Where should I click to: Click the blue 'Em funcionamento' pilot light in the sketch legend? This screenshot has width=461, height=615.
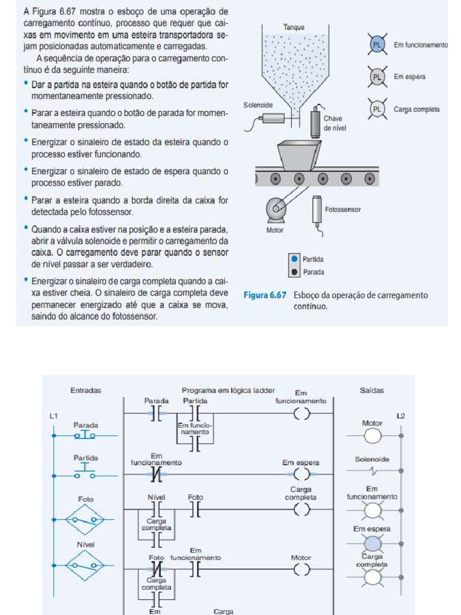click(x=377, y=45)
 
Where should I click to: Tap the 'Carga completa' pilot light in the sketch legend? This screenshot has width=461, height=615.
click(x=377, y=109)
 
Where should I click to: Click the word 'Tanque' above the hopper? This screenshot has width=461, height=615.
click(x=294, y=27)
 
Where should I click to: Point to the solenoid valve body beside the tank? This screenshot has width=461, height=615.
click(x=273, y=118)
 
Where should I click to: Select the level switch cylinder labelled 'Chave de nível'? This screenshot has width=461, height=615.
click(x=315, y=123)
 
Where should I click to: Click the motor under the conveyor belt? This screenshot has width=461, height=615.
click(x=277, y=210)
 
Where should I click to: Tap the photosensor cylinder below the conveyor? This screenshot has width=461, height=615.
click(x=316, y=210)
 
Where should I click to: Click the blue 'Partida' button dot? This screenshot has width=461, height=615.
click(x=294, y=259)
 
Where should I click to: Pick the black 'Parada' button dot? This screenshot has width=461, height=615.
click(x=294, y=271)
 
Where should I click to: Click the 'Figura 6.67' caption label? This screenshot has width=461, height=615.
click(x=266, y=295)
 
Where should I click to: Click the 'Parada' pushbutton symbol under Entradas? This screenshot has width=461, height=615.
click(x=85, y=435)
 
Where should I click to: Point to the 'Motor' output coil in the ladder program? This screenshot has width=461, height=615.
click(x=301, y=570)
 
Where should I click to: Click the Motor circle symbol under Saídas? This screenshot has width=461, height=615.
click(x=373, y=435)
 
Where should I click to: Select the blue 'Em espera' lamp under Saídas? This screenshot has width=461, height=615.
click(x=373, y=544)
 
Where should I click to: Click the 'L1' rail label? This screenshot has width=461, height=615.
click(x=53, y=416)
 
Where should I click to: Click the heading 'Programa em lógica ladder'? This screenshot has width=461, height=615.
click(x=228, y=390)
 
